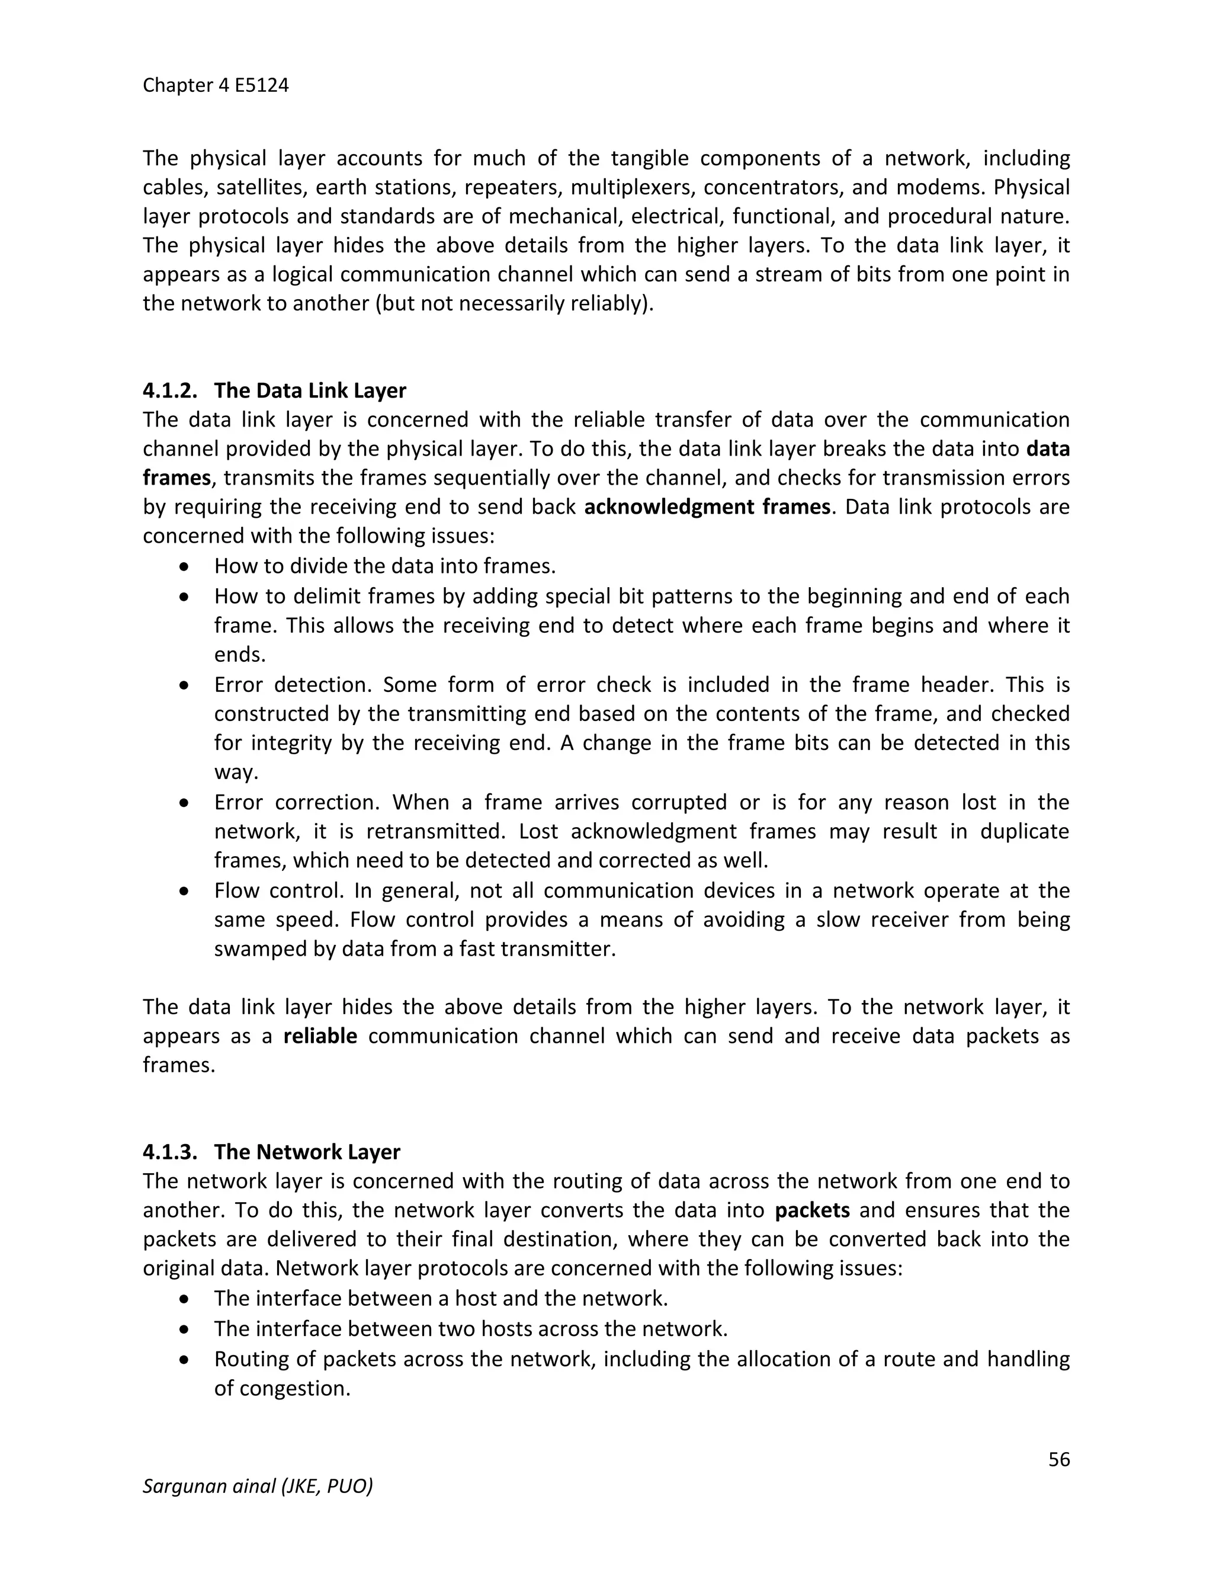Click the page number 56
1058,1459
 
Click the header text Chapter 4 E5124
216,85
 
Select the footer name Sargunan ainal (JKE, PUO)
257,1486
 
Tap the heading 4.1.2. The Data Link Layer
274,390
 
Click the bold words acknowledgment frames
707,507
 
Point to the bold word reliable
320,1036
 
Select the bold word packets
812,1210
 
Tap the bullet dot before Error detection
185,685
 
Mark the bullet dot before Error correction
185,803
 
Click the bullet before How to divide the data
185,567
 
